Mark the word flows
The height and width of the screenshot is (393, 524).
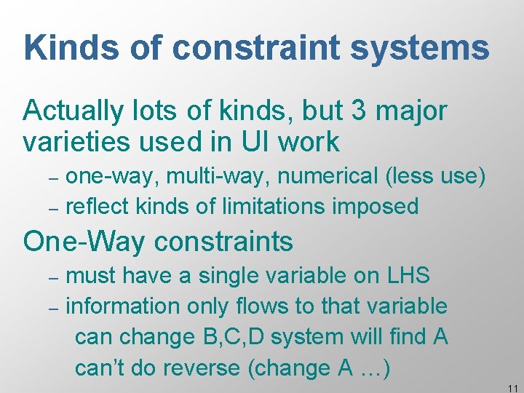(280, 306)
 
